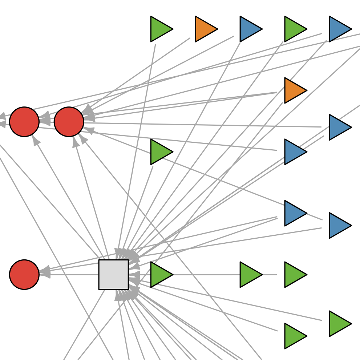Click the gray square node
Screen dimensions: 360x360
(113, 274)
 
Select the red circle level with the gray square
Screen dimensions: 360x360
(24, 274)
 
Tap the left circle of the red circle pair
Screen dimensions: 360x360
(24, 122)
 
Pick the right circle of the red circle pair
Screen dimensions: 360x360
(69, 122)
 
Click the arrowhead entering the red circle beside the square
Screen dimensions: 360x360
(45, 272)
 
